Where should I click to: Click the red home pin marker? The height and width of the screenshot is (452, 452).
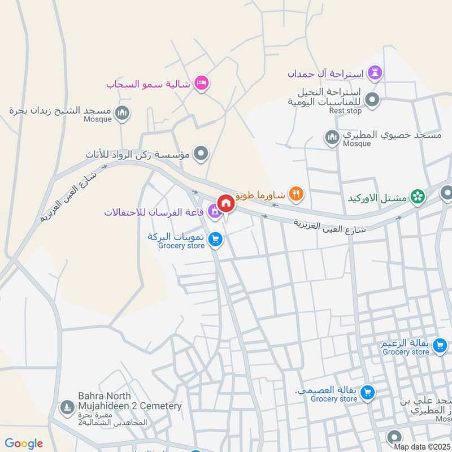point(225,203)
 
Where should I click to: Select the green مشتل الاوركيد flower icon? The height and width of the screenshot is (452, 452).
point(418,197)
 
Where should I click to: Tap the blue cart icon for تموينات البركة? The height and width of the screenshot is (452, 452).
point(215,240)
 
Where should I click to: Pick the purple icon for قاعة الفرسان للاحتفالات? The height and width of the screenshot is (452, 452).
point(214,212)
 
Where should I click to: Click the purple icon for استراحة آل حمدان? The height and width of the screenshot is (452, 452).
point(375,73)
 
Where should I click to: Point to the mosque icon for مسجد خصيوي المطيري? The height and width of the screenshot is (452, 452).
point(332,137)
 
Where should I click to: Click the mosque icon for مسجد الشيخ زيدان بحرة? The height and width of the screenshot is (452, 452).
point(121,114)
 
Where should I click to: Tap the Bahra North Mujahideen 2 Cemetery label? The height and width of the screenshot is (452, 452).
point(129,401)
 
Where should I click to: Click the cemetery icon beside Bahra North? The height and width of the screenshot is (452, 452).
point(67,406)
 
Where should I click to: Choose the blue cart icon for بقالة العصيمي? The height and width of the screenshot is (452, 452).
point(367,391)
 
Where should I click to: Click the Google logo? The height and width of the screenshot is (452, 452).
point(24,444)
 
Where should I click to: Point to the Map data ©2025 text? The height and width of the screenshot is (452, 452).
point(422,447)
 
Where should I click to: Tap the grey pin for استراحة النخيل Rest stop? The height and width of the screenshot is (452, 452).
point(372,101)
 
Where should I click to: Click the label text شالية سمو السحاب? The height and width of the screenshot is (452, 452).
point(147,84)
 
